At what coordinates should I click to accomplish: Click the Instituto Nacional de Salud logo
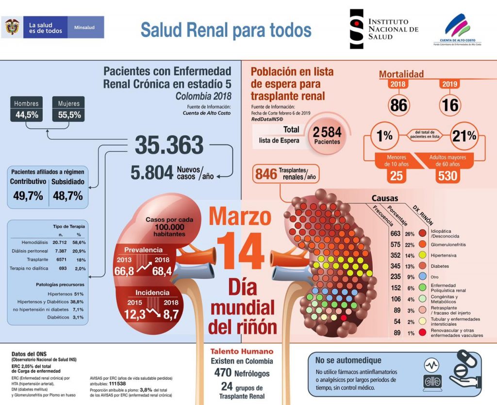click(x=383, y=29)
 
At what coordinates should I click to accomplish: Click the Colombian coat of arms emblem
click(x=12, y=27)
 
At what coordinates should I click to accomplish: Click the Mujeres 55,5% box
click(x=69, y=109)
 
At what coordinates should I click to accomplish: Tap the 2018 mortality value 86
click(x=399, y=105)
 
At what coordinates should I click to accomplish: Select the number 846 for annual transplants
click(x=265, y=174)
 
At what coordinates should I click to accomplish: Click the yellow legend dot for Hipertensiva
click(x=422, y=255)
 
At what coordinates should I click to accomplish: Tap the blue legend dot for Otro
click(x=422, y=277)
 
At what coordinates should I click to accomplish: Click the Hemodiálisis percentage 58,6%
click(x=79, y=242)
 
